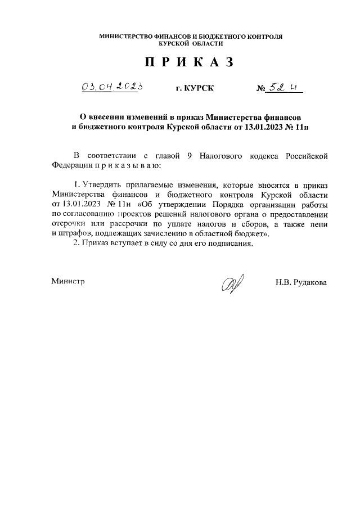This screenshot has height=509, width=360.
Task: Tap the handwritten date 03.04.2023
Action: [x=110, y=87]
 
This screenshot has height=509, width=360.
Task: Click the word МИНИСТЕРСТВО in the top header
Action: [x=127, y=37]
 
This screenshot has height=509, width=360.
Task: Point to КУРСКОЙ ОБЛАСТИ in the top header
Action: [x=191, y=43]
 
